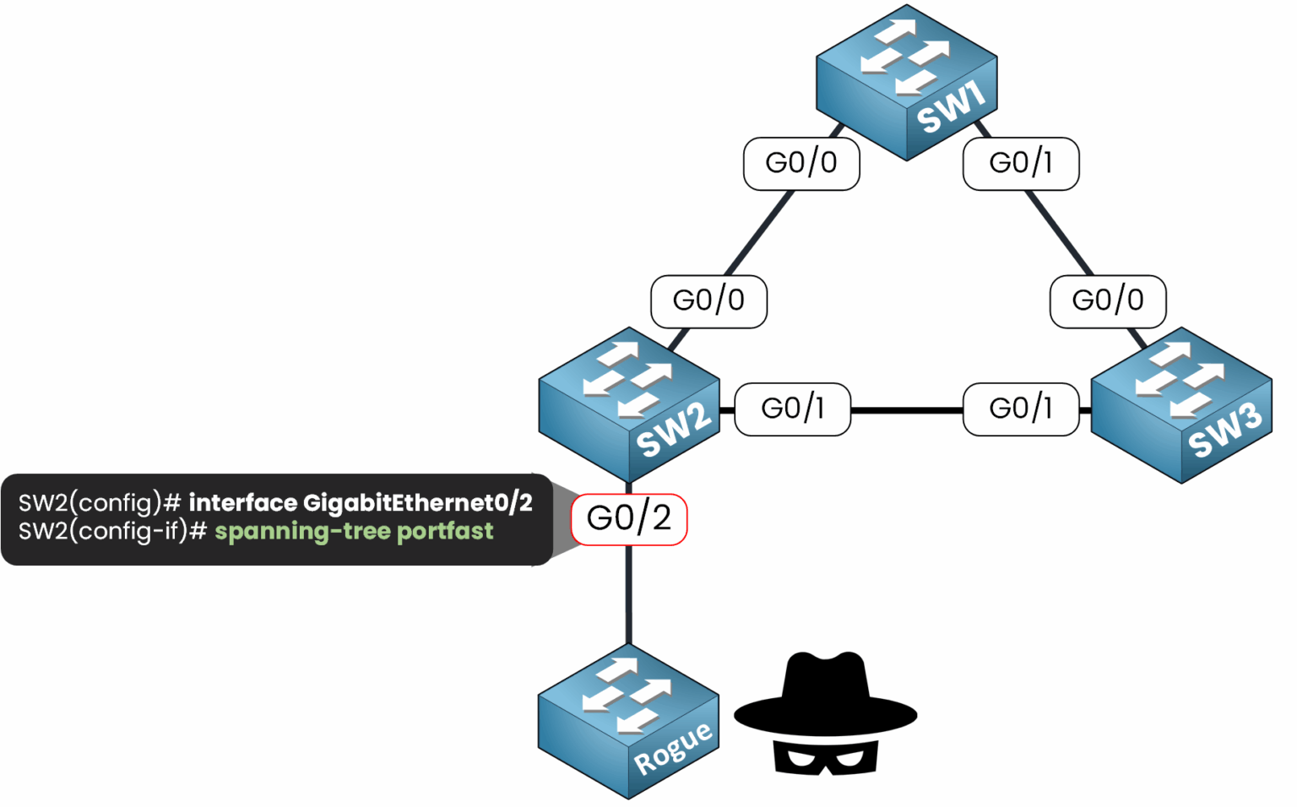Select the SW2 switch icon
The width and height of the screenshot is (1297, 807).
(629, 404)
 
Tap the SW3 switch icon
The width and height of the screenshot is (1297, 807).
(1181, 405)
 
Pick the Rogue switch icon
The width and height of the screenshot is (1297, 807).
(628, 722)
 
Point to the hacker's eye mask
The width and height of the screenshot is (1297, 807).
(825, 757)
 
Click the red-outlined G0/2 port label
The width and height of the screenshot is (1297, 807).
(629, 519)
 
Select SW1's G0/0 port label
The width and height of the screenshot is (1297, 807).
(801, 163)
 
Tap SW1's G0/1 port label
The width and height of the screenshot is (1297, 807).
(1021, 163)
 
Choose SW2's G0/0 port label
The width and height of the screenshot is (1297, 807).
(708, 301)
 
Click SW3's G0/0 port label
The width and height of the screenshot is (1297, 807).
(1108, 301)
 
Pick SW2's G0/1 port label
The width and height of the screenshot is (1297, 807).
(792, 409)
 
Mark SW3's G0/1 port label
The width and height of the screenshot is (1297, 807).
(1021, 409)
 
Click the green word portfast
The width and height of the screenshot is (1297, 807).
(445, 532)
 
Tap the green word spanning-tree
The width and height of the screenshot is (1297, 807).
(302, 532)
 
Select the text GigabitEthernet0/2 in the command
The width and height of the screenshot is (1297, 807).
(417, 503)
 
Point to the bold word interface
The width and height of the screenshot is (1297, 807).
(242, 503)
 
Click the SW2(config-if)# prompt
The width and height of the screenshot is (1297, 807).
(112, 532)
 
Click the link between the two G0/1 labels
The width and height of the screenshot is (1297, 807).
(907, 410)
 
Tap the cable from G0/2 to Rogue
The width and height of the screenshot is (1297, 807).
(629, 595)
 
